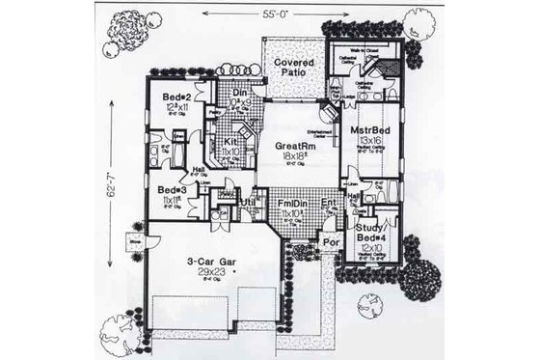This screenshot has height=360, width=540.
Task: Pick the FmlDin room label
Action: click(292, 204)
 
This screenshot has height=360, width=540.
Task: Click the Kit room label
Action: click(231, 141)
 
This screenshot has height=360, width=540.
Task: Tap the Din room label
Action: click(242, 92)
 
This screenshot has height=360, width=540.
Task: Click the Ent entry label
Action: click(330, 203)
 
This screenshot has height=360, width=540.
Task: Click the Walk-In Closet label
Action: click(358, 52)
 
